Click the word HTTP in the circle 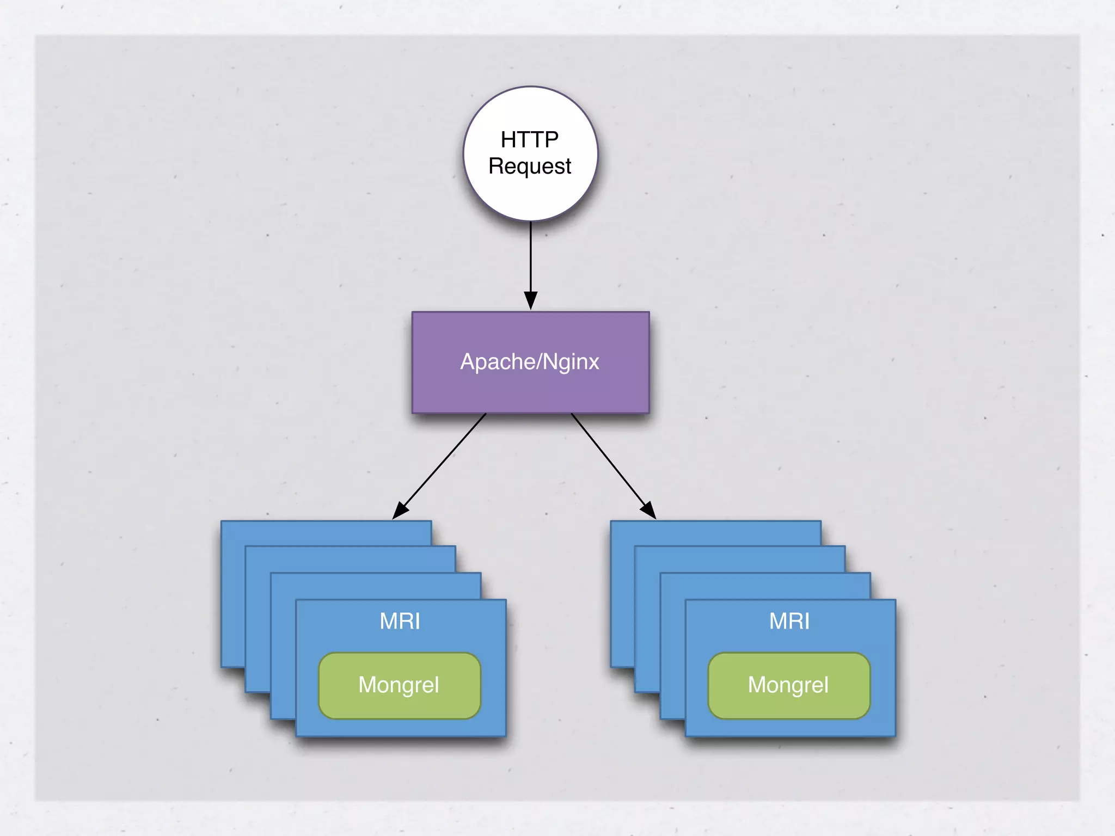pyautogui.click(x=529, y=140)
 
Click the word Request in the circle pyautogui.click(x=530, y=166)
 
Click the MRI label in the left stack pyautogui.click(x=400, y=621)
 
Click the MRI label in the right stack pyautogui.click(x=789, y=621)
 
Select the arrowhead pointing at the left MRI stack pyautogui.click(x=400, y=510)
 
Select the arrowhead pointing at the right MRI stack pyautogui.click(x=648, y=510)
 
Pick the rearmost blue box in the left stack pyautogui.click(x=327, y=533)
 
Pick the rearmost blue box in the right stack pyautogui.click(x=716, y=533)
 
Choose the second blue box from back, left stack pyautogui.click(x=351, y=558)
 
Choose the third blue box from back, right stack pyautogui.click(x=765, y=586)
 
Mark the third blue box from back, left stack pyautogui.click(x=376, y=586)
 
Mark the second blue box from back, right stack pyautogui.click(x=740, y=558)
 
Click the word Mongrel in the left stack pyautogui.click(x=399, y=685)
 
